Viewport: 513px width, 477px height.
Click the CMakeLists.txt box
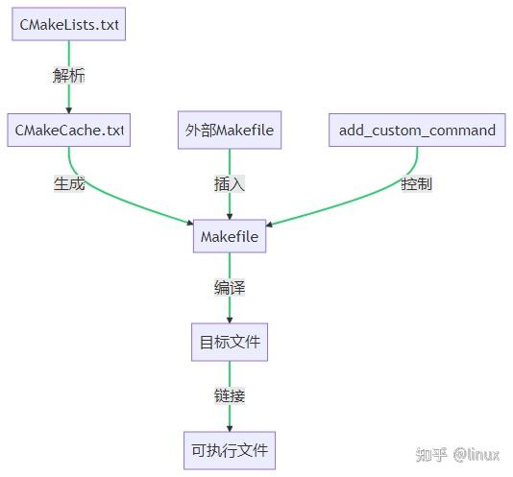point(68,25)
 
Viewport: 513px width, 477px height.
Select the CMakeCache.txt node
point(68,131)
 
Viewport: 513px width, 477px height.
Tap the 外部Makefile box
point(230,131)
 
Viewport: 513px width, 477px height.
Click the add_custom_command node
point(417,131)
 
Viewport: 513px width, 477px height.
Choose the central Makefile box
point(230,236)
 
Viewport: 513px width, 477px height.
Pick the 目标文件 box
point(230,342)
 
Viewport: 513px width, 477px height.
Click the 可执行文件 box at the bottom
point(230,448)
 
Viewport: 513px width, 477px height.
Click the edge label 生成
point(69,183)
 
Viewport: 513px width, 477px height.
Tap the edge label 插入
point(230,183)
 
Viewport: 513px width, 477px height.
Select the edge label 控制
point(416,183)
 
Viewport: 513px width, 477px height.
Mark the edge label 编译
point(230,288)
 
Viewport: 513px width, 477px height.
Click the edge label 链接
point(230,394)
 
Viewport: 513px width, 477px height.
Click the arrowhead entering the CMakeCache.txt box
point(68,108)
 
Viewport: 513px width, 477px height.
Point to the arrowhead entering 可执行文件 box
point(230,427)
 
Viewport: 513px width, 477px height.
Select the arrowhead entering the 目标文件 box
point(230,321)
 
